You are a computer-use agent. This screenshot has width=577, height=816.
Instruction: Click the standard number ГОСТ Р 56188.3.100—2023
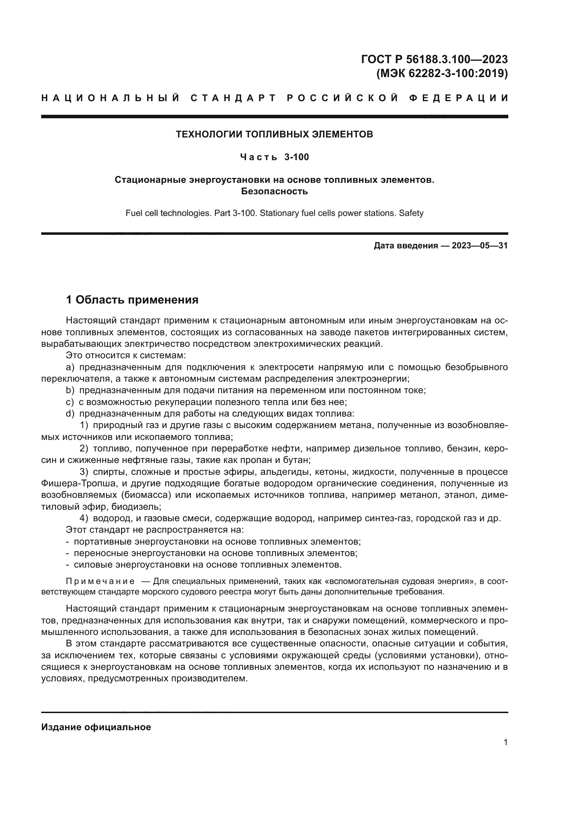tap(434, 59)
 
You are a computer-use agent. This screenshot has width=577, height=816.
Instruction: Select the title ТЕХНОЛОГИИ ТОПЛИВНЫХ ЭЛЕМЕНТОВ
tap(274, 134)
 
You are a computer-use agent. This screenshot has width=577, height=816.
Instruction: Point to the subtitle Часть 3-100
tap(274, 157)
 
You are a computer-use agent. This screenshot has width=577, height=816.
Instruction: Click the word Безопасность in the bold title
tap(274, 192)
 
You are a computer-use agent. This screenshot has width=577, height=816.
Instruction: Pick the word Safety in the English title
tap(411, 213)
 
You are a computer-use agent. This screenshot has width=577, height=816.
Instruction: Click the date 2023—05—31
tap(480, 246)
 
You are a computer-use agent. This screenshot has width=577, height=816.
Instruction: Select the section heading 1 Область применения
tap(132, 300)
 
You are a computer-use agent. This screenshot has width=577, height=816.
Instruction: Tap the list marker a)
tap(70, 367)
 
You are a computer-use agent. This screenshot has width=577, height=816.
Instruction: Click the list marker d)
tap(70, 414)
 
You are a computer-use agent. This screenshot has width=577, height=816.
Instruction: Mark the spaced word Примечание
tap(100, 582)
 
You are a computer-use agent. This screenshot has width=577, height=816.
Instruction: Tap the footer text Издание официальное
tap(96, 727)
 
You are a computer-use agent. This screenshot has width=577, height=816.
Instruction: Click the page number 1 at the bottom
tap(505, 742)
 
